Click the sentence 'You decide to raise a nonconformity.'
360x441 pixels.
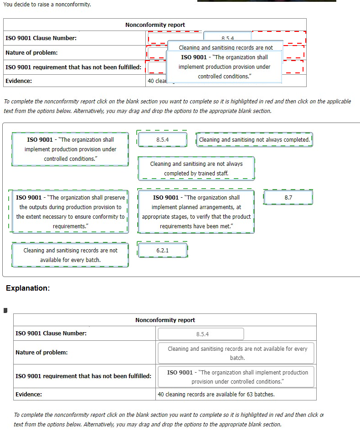click(x=47, y=5)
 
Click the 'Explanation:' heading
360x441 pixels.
click(x=28, y=288)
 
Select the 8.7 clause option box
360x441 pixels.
click(x=288, y=198)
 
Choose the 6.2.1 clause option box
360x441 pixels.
click(x=162, y=251)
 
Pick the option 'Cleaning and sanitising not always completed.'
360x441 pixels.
click(x=254, y=140)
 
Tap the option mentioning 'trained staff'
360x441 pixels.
click(x=196, y=169)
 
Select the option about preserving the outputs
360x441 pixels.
click(x=70, y=212)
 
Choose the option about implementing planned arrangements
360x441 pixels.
click(x=196, y=212)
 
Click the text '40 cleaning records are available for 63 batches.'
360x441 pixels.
click(x=216, y=395)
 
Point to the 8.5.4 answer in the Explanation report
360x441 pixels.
click(x=202, y=334)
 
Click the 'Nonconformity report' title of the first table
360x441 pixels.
click(x=155, y=25)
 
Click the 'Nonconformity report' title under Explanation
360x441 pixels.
click(x=165, y=320)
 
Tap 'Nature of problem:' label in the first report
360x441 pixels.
click(x=31, y=53)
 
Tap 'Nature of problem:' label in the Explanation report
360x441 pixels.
click(x=41, y=353)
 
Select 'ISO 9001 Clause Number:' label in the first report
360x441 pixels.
click(x=41, y=38)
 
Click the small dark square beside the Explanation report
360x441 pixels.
click(x=5, y=311)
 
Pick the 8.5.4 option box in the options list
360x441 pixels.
click(x=162, y=140)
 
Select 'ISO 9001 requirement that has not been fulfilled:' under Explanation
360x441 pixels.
click(x=83, y=376)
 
